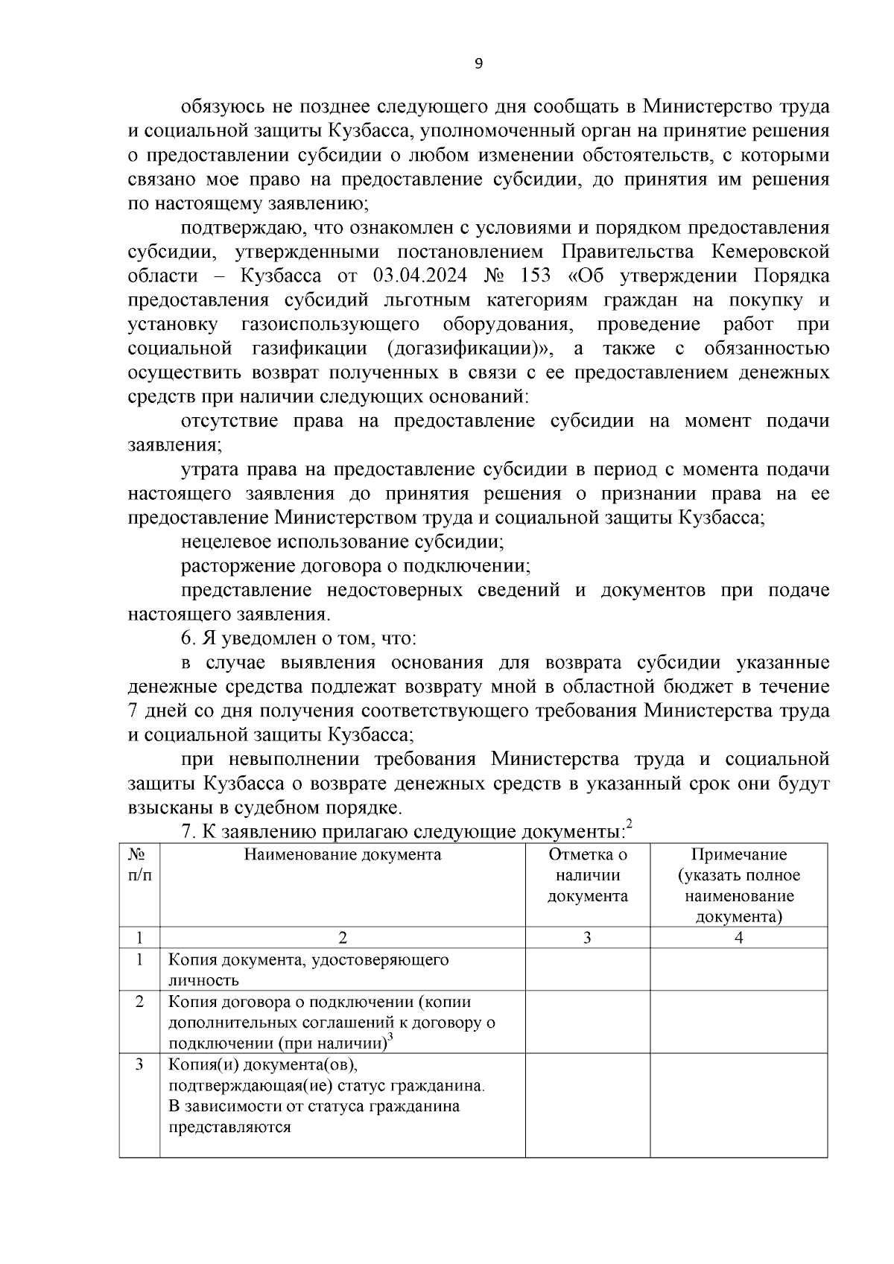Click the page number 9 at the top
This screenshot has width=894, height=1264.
(x=478, y=64)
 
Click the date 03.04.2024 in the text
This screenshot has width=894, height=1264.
(x=420, y=276)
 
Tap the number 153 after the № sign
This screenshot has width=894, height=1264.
(x=534, y=276)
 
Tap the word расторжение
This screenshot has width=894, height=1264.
(x=238, y=565)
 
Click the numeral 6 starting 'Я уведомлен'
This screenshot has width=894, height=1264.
(x=186, y=638)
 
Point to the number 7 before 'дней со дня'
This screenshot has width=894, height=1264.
(x=133, y=711)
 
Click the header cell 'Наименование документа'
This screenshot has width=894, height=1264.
(x=342, y=854)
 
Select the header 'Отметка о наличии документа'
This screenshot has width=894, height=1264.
(x=587, y=875)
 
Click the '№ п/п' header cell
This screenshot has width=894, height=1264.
(x=139, y=865)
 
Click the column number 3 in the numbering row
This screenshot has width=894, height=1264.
(x=587, y=938)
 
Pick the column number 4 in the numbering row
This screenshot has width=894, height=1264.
(x=738, y=938)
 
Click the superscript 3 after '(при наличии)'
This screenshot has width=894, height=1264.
(x=391, y=1038)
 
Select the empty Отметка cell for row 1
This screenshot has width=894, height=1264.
(x=587, y=969)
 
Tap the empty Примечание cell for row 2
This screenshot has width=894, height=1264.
(x=738, y=1022)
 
